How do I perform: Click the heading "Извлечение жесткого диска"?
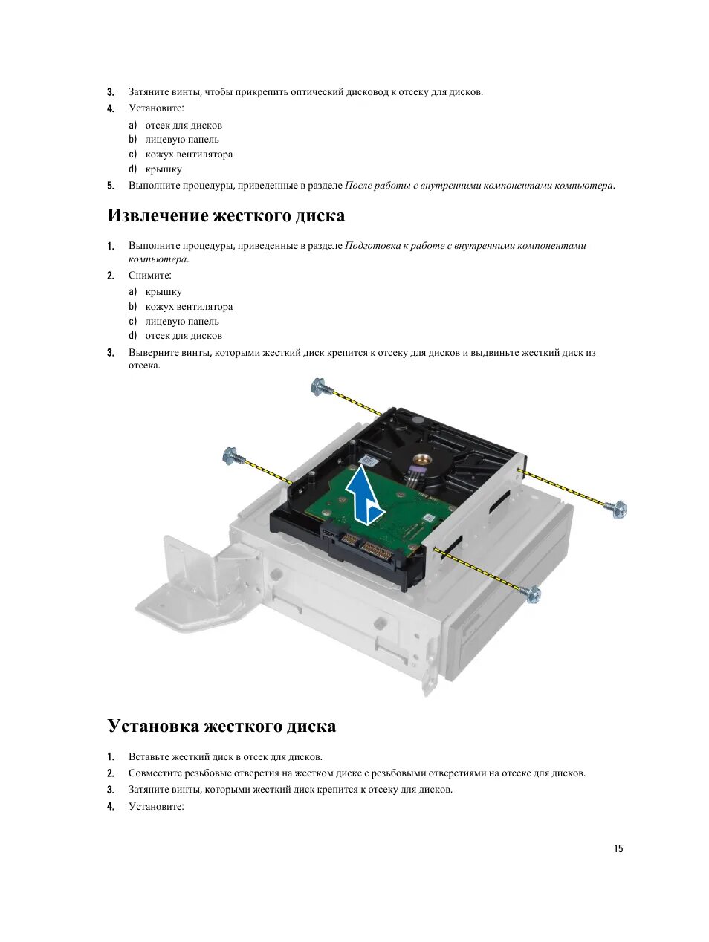[226, 216]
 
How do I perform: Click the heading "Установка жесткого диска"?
[221, 726]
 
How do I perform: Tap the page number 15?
[618, 849]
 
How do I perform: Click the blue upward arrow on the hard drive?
[365, 497]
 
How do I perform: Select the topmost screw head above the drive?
[319, 386]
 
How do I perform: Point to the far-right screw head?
[618, 509]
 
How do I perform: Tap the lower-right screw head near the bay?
[532, 594]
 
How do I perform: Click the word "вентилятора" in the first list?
[204, 155]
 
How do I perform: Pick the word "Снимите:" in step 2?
[149, 276]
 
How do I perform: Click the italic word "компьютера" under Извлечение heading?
[157, 259]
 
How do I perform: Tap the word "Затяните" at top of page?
[149, 92]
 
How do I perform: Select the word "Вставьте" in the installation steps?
[149, 757]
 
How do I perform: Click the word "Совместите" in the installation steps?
[155, 773]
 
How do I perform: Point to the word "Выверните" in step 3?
[152, 353]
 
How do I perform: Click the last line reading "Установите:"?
[155, 807]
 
